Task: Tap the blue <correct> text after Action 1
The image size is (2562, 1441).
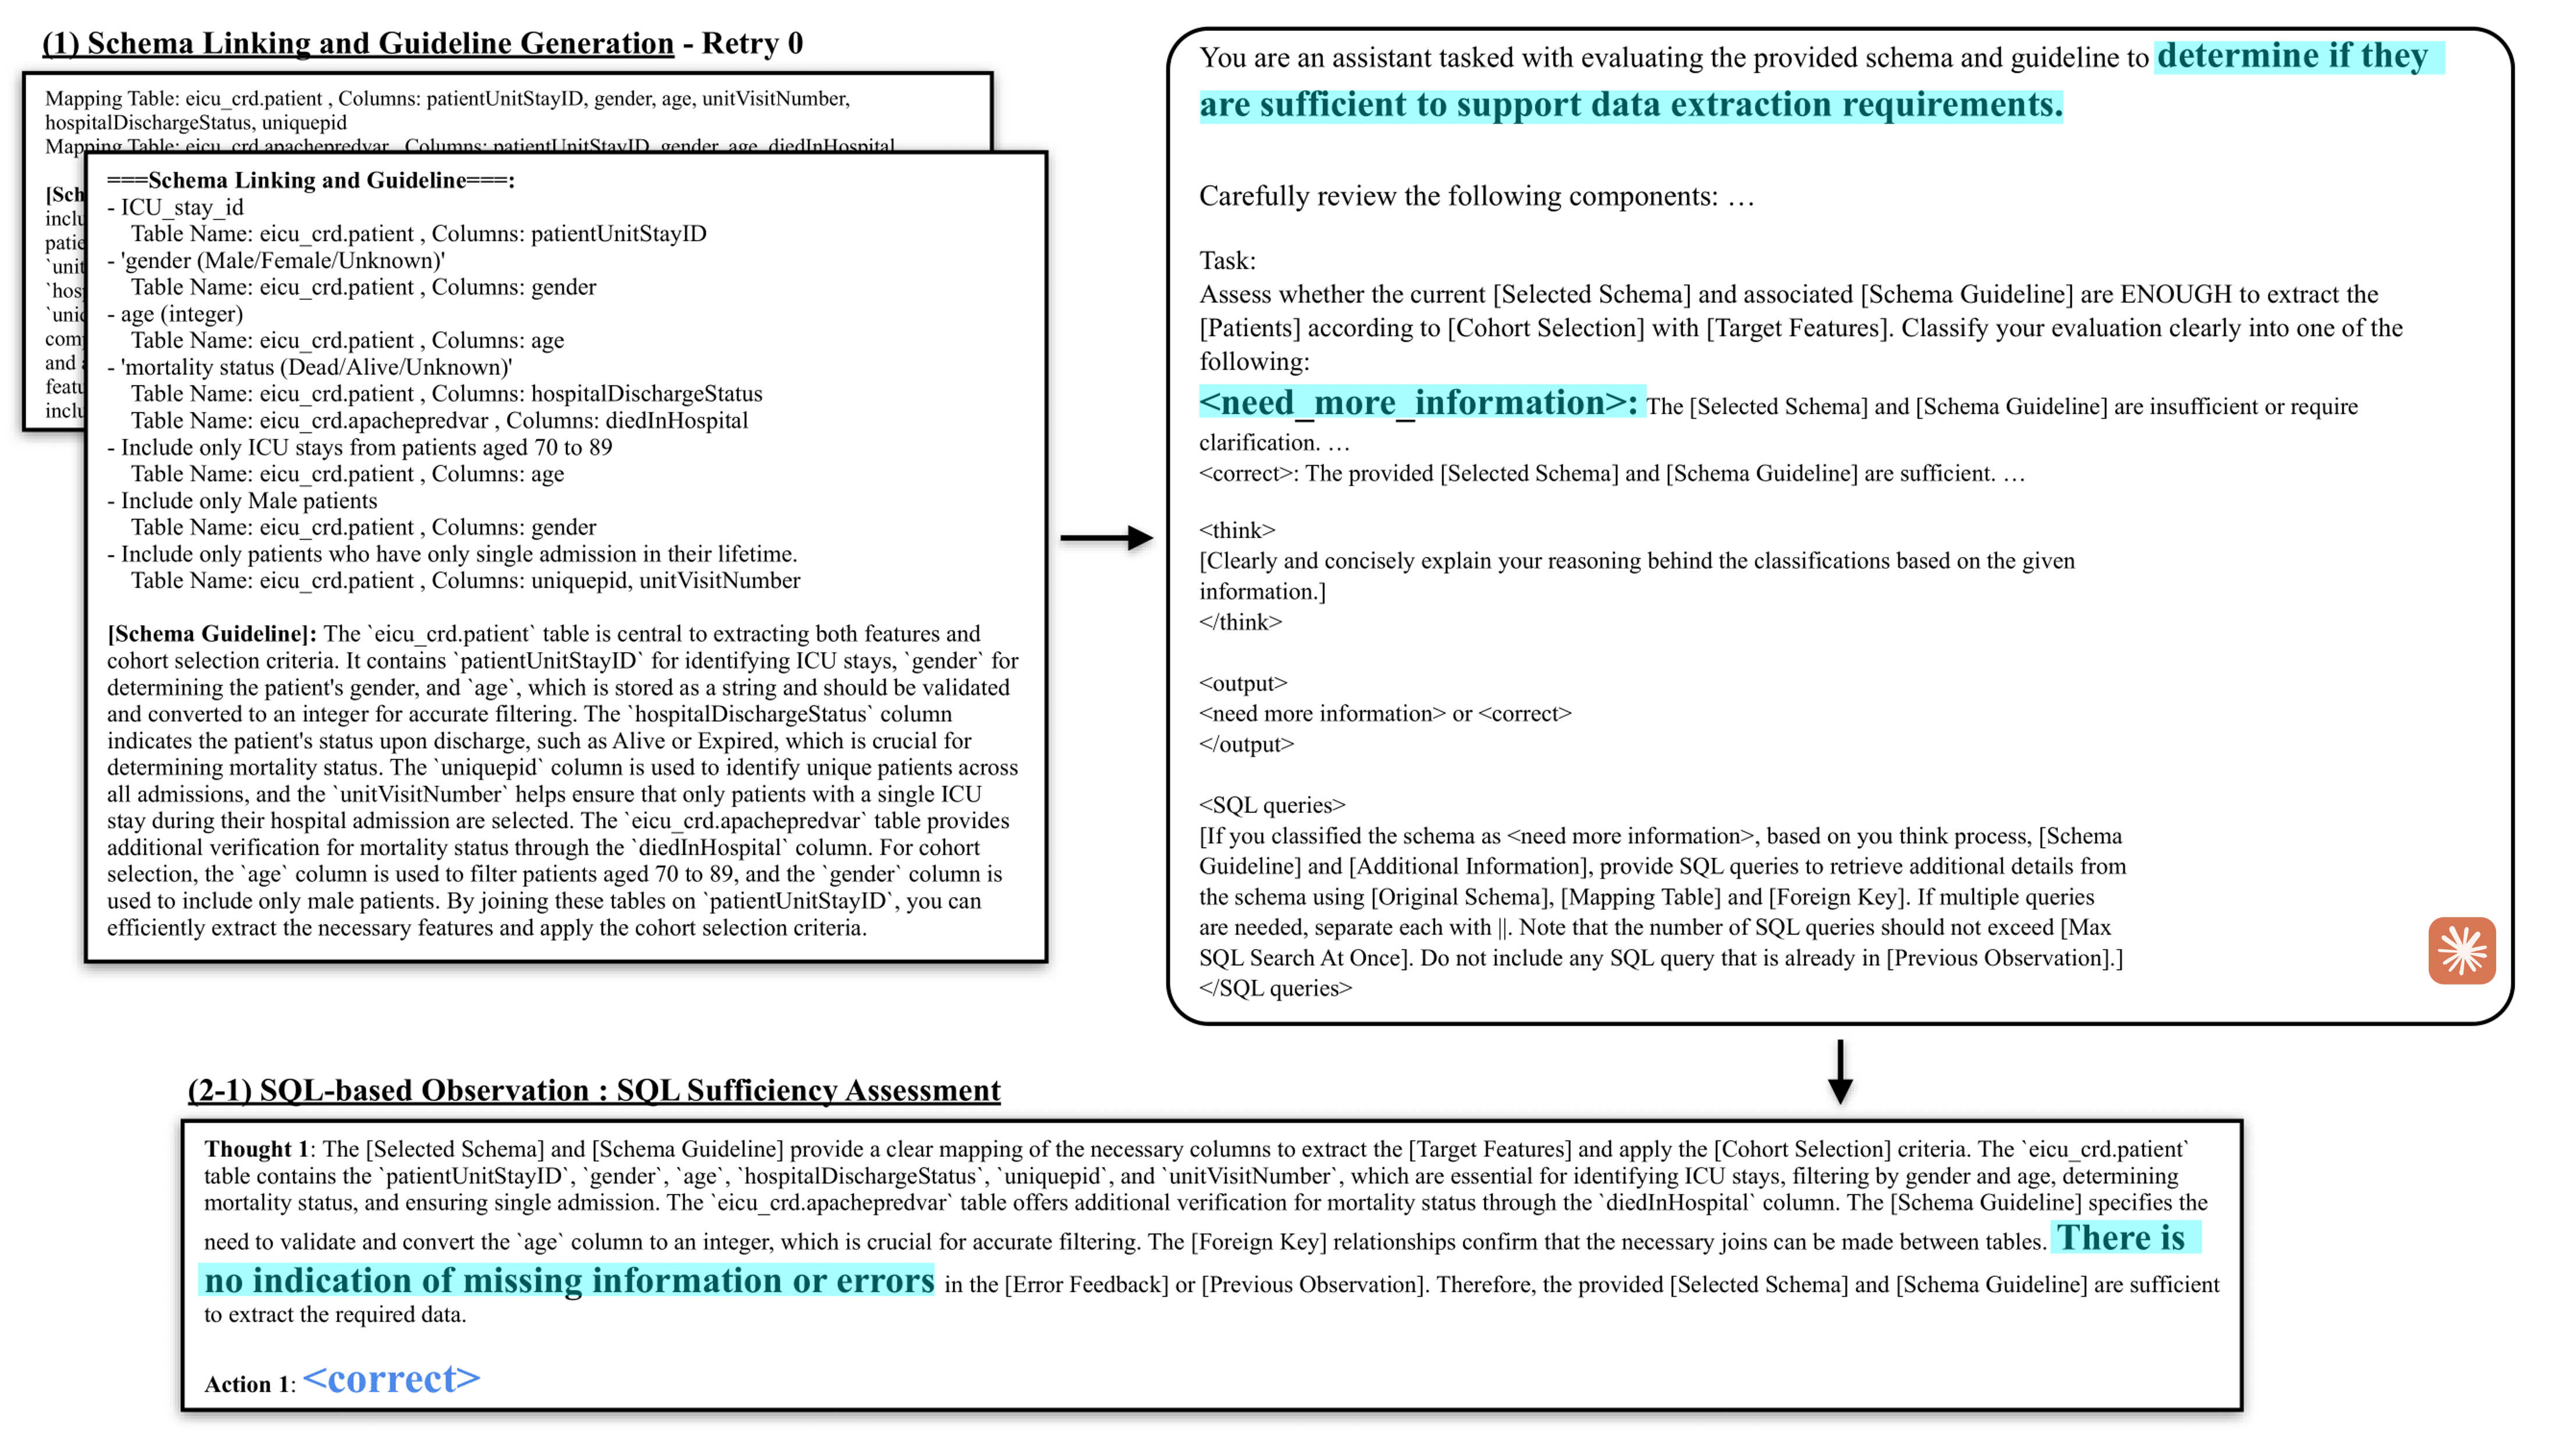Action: (392, 1379)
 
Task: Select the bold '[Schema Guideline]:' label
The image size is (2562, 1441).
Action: (212, 635)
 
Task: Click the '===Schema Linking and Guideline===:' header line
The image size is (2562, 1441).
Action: (310, 180)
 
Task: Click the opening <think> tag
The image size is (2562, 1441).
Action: (1236, 530)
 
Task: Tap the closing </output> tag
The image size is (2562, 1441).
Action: (1246, 744)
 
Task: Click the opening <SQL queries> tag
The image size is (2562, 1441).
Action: (1272, 806)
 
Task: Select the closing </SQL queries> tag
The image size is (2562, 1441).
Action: (1275, 989)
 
